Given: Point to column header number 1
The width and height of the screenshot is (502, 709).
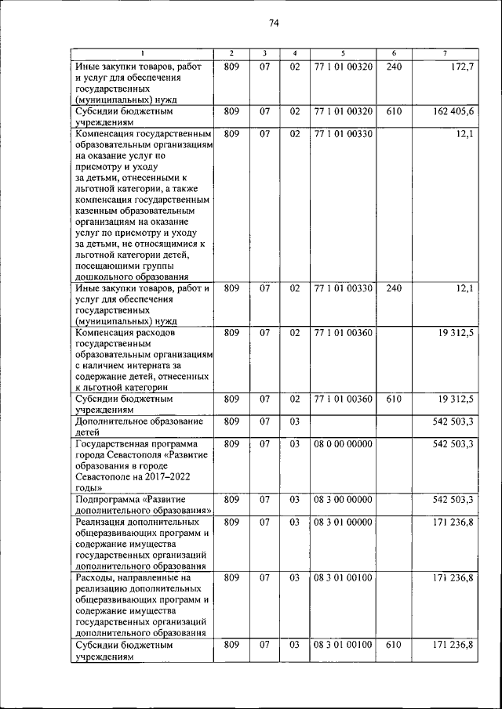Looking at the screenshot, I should [x=143, y=53].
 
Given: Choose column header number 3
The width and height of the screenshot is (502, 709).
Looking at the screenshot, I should [x=265, y=53].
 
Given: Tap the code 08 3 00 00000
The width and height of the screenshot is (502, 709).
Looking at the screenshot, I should [x=343, y=499].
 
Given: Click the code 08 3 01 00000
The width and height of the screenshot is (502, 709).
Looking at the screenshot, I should [x=343, y=521].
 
